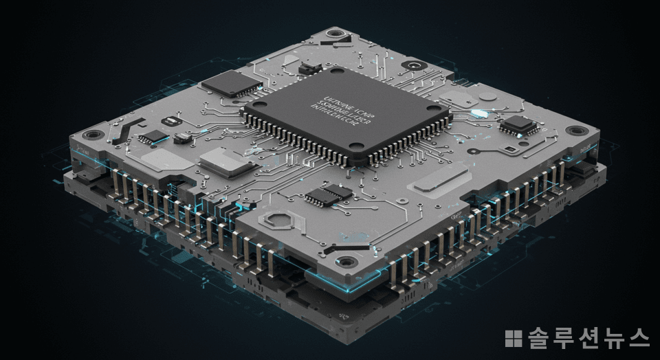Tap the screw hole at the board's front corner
(x=344, y=262)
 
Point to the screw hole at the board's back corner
(x=335, y=32)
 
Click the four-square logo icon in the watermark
(x=514, y=338)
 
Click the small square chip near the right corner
(x=518, y=125)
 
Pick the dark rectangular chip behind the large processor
(x=231, y=84)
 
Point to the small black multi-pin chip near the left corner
(x=153, y=136)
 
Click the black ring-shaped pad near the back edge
(x=414, y=65)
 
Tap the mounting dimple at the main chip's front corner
(x=356, y=146)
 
